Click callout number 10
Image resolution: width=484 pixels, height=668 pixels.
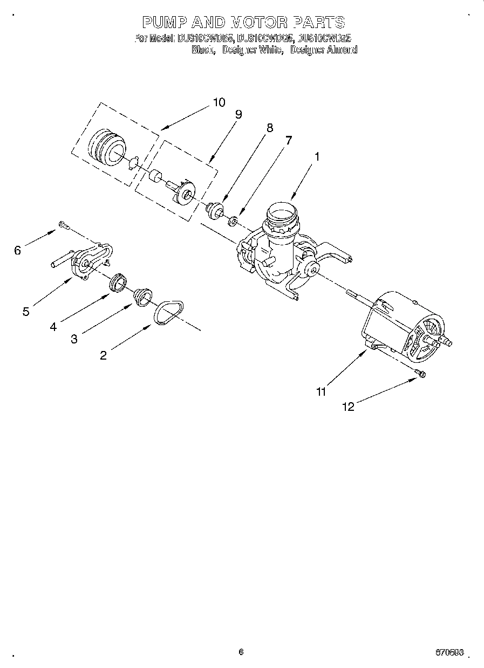(219, 102)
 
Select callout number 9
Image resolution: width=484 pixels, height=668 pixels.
(238, 114)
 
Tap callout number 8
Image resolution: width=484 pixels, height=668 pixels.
(269, 128)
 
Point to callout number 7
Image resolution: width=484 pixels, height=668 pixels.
(289, 140)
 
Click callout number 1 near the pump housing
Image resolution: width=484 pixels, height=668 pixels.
(317, 157)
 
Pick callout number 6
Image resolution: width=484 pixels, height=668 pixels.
(18, 250)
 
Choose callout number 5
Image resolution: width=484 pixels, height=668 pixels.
(26, 312)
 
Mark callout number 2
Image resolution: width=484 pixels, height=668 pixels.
(104, 355)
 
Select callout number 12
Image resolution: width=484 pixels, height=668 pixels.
(349, 407)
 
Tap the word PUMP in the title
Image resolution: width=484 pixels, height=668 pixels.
(165, 22)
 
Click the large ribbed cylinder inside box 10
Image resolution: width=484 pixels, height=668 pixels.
(107, 147)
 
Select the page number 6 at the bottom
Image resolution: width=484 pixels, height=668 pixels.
(241, 651)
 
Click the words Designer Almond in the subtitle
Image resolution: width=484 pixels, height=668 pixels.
(323, 50)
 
